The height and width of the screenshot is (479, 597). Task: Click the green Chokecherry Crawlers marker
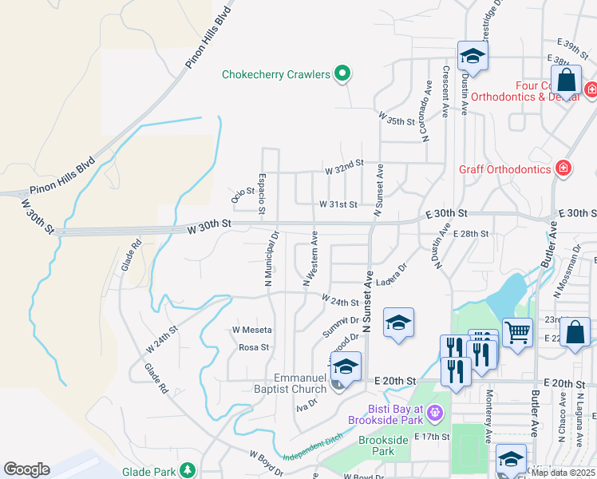[343, 74]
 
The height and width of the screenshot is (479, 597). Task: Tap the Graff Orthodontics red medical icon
[563, 168]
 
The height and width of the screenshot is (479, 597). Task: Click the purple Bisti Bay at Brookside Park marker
[434, 413]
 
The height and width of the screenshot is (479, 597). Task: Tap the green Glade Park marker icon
[188, 470]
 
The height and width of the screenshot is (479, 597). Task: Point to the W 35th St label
[399, 122]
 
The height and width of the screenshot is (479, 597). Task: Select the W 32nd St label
[343, 163]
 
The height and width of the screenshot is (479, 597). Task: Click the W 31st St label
[338, 205]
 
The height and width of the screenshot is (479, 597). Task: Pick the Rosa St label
[254, 347]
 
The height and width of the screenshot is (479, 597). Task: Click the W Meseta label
[251, 330]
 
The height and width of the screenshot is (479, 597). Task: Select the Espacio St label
[262, 194]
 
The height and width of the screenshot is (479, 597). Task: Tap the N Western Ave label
[310, 259]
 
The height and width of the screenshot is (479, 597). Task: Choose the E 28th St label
[469, 234]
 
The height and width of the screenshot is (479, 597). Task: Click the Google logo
[26, 469]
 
